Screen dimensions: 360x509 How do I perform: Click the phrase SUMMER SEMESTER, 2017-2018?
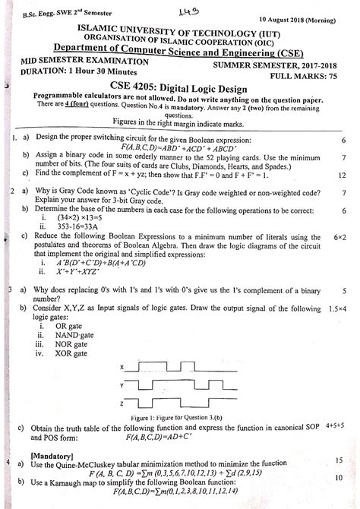[302, 66]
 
